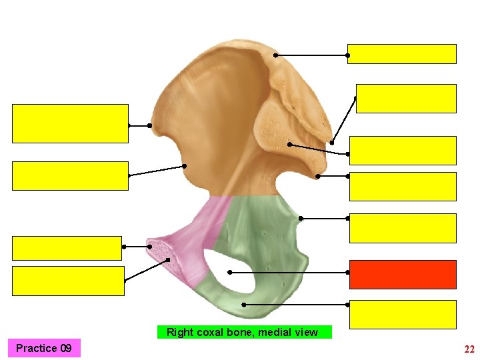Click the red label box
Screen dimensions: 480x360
[x=403, y=274]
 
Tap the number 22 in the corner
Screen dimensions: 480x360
[x=469, y=349]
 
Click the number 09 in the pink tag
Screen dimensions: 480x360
[x=65, y=348]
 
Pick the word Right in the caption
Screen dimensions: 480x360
[x=180, y=332]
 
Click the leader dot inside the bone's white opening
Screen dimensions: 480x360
[x=230, y=272]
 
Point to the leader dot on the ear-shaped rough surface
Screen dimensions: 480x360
[x=289, y=144]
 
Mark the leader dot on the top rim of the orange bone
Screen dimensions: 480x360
[x=275, y=55]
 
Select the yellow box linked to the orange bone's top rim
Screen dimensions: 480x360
[x=402, y=54]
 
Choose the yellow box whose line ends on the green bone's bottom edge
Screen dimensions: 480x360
[x=403, y=314]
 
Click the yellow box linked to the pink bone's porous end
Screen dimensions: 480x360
[x=68, y=280]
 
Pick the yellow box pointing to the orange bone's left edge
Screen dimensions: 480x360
[x=70, y=123]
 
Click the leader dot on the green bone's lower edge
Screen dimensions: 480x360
[x=243, y=305]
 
